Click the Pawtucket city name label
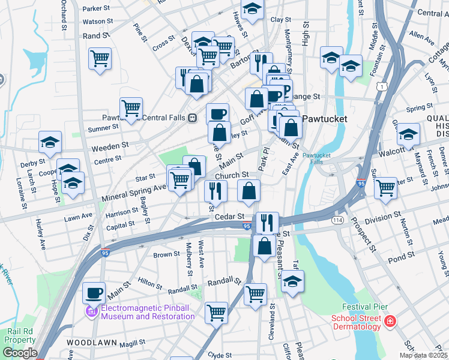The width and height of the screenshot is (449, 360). coord(325,119)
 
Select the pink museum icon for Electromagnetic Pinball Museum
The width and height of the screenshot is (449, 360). coord(91,311)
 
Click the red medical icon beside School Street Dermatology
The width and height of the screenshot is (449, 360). coord(390,322)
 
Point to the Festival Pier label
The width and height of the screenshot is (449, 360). coord(357,307)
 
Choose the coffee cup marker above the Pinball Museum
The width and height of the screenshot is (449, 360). coord(94,293)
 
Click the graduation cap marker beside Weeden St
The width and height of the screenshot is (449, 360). coord(50,142)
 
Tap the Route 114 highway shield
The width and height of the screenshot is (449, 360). coord(336,221)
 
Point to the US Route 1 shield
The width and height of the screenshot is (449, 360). coord(381,88)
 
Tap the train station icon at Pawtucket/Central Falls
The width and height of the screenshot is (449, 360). coord(193,117)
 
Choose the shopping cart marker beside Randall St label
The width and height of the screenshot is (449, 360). coord(256,294)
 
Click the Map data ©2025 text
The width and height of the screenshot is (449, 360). coord(424,355)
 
